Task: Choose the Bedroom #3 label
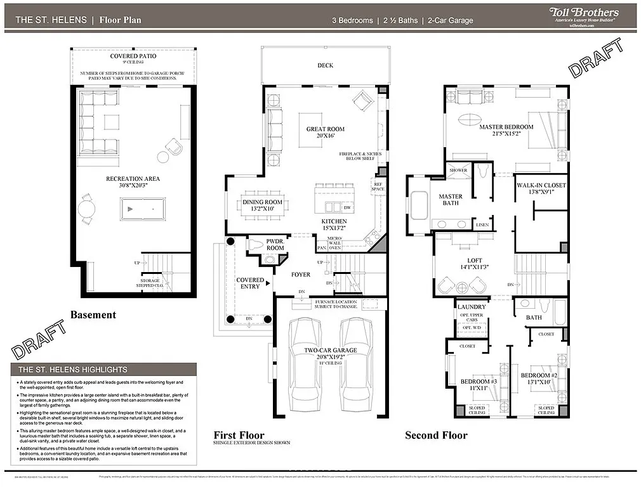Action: click(x=478, y=385)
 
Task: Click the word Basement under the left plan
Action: click(x=93, y=315)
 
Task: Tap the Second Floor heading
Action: click(x=436, y=435)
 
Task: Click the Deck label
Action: click(x=325, y=65)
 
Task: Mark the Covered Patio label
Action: click(x=133, y=56)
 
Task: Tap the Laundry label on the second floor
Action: click(x=472, y=307)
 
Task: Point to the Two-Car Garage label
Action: click(x=330, y=351)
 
